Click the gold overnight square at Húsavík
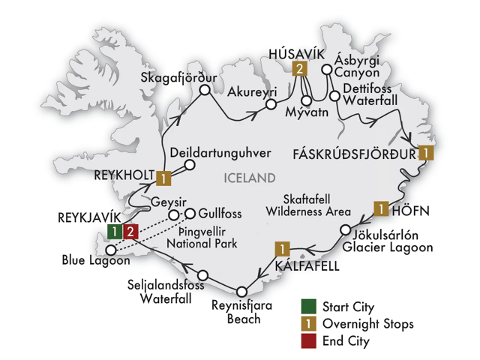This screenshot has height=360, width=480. click(298, 70)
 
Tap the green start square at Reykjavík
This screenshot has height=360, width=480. click(113, 231)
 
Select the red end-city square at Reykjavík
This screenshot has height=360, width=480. click(130, 231)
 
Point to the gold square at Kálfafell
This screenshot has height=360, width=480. click(282, 248)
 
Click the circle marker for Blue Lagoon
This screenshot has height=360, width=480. click(111, 250)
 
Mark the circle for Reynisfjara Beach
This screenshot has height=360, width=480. click(241, 292)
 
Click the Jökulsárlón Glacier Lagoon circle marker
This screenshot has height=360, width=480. click(346, 230)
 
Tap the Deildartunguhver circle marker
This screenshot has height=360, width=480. click(190, 165)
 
